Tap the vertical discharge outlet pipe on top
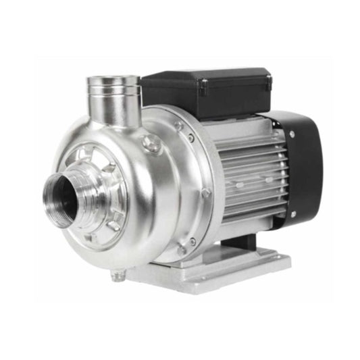[x=114, y=101]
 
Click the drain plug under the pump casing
[x=120, y=273]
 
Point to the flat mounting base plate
[x=223, y=270]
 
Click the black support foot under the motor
[x=240, y=236]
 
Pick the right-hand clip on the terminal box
[x=268, y=82]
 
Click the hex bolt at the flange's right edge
[x=205, y=192]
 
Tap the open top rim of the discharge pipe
[x=113, y=82]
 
